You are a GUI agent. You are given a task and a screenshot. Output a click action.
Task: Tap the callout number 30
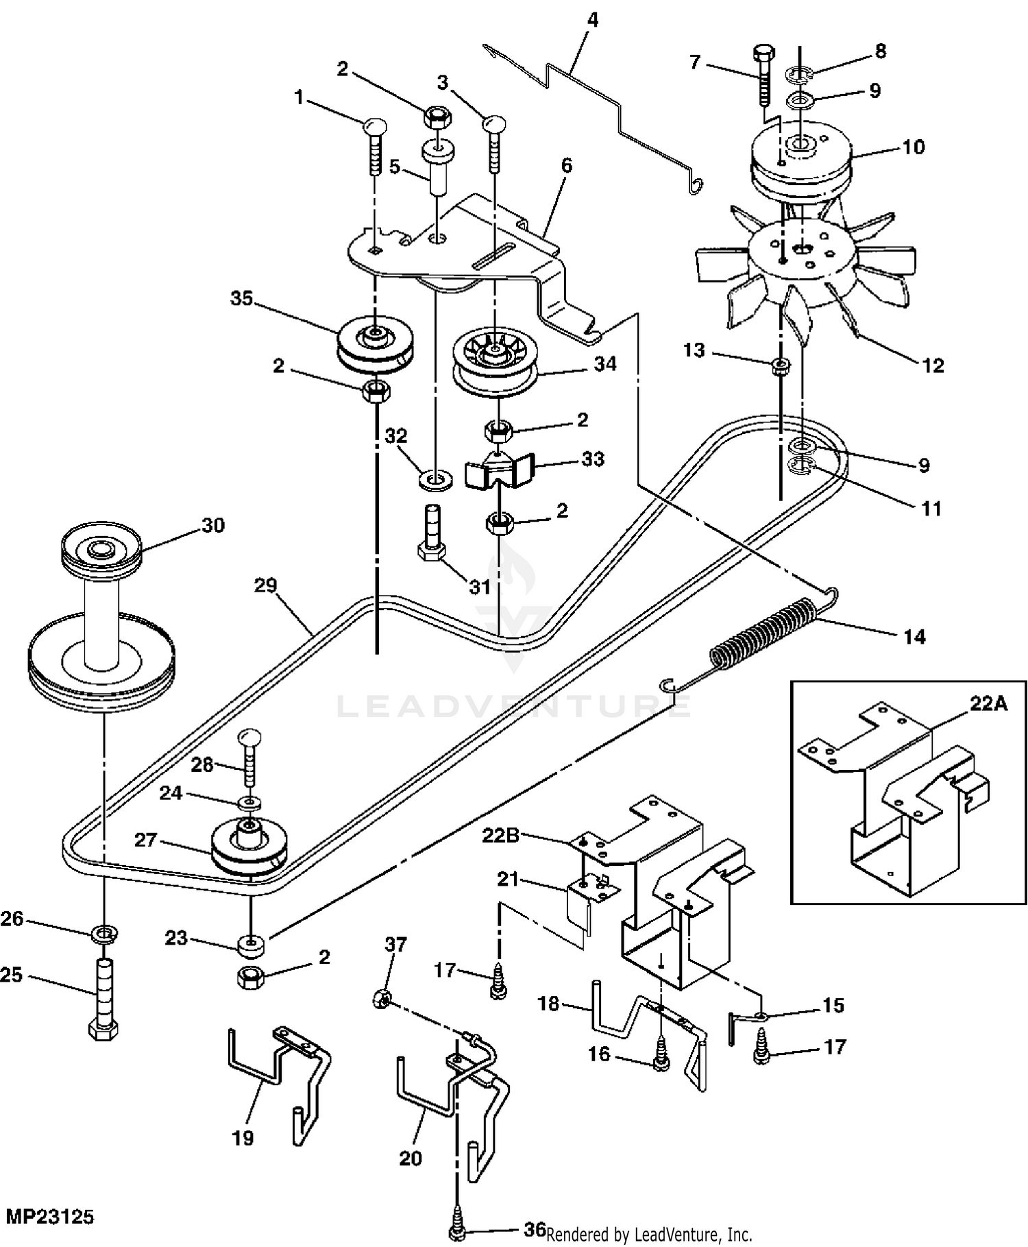point(212,525)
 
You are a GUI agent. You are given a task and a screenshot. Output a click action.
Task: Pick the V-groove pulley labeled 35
point(376,345)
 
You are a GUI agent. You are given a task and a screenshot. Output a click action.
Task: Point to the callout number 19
point(243,1138)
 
